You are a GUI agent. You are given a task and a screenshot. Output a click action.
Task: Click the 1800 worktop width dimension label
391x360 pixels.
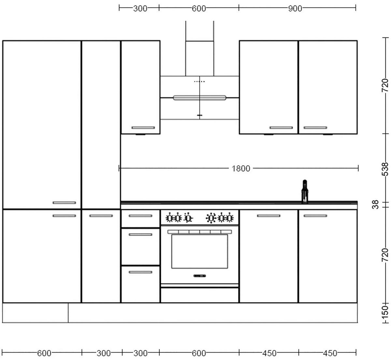[241, 168]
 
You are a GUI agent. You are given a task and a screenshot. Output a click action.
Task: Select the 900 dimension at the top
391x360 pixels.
[295, 8]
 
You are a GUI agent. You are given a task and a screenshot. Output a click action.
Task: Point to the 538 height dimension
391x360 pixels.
[385, 169]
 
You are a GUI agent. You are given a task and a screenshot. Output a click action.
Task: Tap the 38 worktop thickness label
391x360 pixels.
[376, 205]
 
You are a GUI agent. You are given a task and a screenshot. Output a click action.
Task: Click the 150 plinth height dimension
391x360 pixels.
[385, 313]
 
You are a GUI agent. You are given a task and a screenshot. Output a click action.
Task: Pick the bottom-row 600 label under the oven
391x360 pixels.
[199, 353]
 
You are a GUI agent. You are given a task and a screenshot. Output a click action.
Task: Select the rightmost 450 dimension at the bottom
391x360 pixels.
[330, 353]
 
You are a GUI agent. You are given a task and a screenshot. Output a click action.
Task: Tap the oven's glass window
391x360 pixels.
[199, 251]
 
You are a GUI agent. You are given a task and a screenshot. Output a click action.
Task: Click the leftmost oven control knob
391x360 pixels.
[169, 218]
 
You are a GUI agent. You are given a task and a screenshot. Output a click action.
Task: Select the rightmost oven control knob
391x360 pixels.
[230, 218]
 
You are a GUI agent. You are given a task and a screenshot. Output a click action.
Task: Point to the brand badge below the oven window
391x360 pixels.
[199, 276]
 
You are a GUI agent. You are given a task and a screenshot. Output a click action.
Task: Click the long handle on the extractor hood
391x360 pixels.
[199, 97]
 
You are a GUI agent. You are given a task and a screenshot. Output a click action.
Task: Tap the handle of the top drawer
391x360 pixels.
[140, 216]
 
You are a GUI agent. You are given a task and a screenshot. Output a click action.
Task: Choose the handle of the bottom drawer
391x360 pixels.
[140, 272]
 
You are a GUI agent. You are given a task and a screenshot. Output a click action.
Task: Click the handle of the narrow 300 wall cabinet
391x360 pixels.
[143, 128]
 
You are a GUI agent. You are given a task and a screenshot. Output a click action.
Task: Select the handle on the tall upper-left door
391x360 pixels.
[64, 203]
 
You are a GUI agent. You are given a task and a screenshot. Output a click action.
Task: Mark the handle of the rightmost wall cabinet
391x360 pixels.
[315, 128]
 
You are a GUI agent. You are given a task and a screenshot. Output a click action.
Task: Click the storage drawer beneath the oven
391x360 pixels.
[199, 295]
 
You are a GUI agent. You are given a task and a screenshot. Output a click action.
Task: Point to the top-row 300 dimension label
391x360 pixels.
[140, 8]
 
